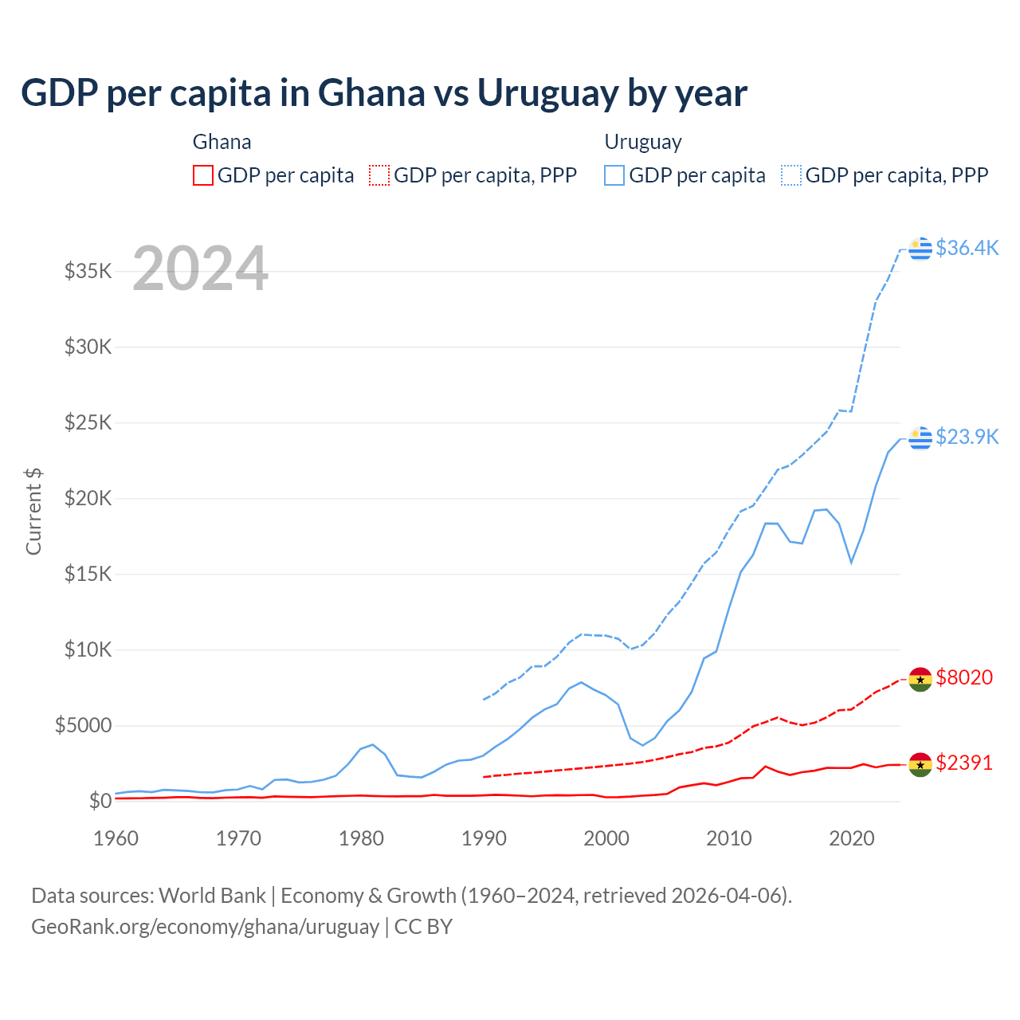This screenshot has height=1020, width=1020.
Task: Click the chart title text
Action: [383, 93]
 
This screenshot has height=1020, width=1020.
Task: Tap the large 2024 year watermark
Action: [200, 269]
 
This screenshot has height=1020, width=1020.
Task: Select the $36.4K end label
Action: [967, 248]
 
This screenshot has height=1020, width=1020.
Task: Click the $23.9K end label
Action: [967, 437]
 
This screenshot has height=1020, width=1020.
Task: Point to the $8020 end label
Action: [964, 677]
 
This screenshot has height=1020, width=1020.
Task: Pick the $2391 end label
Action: [964, 763]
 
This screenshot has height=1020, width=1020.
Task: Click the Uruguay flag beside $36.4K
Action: [920, 249]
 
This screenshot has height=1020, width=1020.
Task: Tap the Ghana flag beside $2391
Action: [920, 764]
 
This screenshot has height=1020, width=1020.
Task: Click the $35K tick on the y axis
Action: [88, 271]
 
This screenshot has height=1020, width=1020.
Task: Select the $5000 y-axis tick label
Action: [83, 725]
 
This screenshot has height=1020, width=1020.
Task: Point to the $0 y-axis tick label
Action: [100, 801]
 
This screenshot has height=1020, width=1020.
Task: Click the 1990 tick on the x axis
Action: [484, 838]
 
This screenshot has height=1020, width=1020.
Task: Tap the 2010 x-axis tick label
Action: [729, 838]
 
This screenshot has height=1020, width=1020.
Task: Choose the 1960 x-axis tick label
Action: [116, 838]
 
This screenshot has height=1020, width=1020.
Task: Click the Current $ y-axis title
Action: [33, 512]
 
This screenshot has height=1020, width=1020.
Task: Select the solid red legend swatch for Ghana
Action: [203, 175]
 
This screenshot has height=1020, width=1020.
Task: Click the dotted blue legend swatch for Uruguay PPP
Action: [791, 175]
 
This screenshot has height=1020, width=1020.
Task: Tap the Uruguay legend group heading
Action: [643, 142]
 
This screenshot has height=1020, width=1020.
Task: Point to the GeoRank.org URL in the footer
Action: [205, 927]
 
